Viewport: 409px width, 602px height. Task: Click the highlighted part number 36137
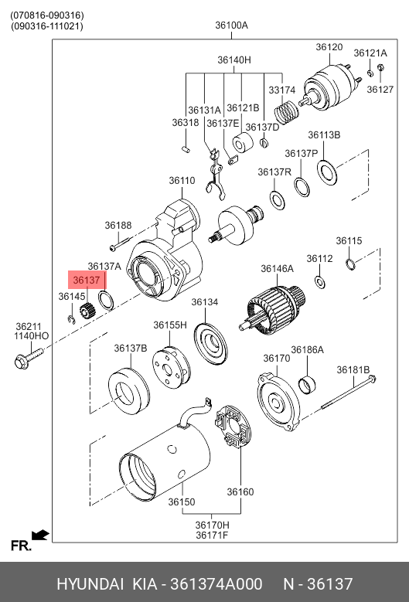(87, 281)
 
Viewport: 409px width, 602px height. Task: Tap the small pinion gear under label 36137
(87, 310)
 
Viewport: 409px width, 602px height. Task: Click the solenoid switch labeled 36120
(331, 88)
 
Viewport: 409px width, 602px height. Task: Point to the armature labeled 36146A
(274, 310)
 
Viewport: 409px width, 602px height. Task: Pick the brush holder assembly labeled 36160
(233, 426)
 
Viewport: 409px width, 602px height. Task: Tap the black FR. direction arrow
(40, 535)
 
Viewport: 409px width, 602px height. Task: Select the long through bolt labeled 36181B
(349, 393)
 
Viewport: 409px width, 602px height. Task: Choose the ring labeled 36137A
(107, 301)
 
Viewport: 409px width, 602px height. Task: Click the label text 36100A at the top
(232, 26)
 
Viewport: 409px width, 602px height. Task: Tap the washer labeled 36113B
(328, 172)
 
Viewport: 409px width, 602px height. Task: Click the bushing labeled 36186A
(307, 385)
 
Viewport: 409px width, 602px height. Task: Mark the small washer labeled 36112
(320, 282)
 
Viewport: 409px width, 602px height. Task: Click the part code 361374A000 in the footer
(216, 584)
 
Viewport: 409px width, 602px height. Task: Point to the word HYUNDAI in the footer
(90, 584)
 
